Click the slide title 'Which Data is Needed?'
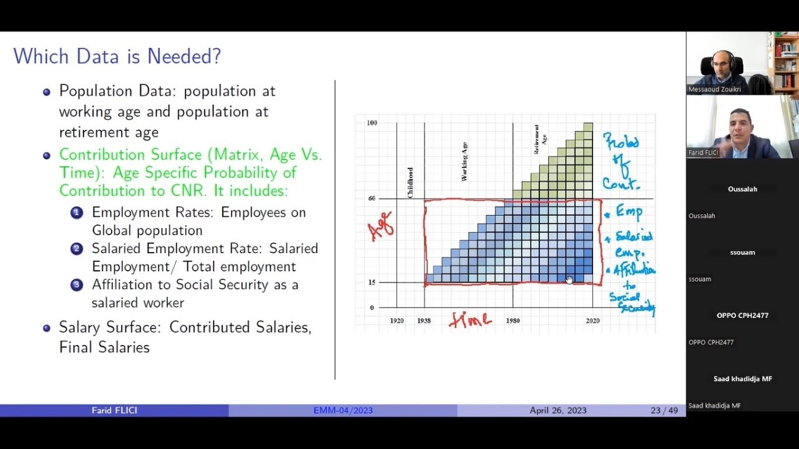117,57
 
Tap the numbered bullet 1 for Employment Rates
76,213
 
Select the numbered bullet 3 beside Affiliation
76,285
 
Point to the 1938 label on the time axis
424,321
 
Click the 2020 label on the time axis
592,321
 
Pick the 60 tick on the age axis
371,198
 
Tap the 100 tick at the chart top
372,123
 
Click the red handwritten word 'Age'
381,225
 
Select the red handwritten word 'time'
470,320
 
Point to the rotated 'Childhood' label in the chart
410,183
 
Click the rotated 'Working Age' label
464,162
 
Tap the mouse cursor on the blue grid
569,279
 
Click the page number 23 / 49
664,410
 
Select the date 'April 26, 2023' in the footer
558,410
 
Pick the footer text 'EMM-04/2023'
343,410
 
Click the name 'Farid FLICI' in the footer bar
114,410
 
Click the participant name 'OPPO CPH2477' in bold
742,316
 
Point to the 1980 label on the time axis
512,321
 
